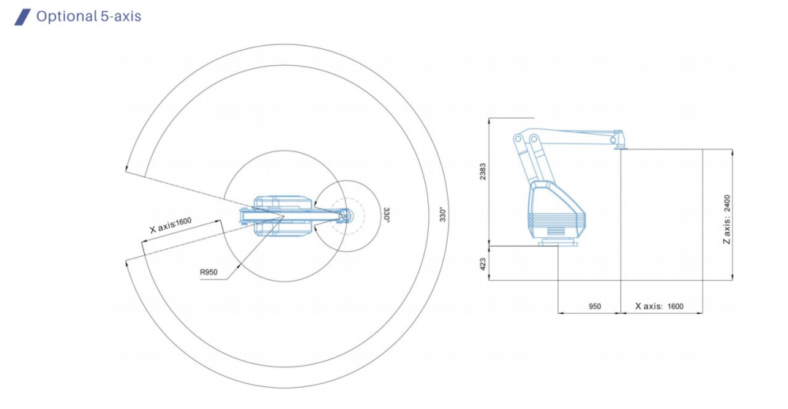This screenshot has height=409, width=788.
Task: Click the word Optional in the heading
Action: point(67,17)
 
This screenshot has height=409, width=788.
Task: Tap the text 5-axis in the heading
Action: point(121,16)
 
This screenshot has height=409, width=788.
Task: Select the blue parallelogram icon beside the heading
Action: point(22,17)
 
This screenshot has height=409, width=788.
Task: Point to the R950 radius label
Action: point(209,272)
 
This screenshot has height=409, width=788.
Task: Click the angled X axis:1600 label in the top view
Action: point(171,225)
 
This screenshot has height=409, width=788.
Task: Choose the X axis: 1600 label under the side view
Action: point(659,306)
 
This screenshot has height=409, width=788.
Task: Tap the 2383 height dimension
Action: point(483,171)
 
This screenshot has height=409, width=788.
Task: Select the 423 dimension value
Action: point(483,264)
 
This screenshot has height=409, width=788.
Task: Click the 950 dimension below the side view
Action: point(595,306)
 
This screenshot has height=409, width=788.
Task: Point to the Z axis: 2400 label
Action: point(727,219)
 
